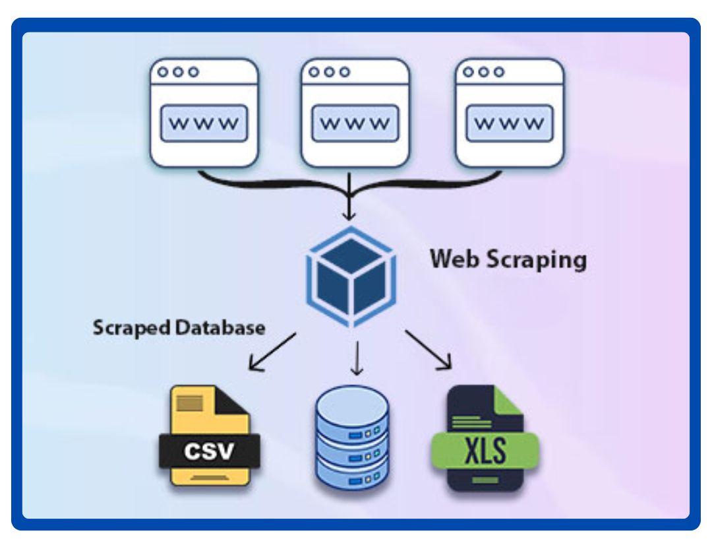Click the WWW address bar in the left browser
pyautogui.click(x=204, y=123)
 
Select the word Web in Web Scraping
pyautogui.click(x=451, y=259)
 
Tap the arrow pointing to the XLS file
pyautogui.click(x=429, y=348)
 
